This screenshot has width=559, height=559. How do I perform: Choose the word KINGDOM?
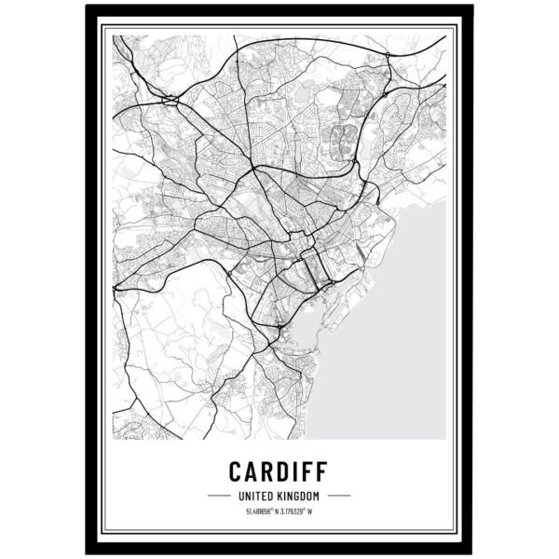point(299,495)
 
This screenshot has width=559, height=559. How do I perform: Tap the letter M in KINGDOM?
point(317,495)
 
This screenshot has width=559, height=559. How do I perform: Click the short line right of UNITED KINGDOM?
point(339,495)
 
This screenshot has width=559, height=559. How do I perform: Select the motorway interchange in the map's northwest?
point(170,97)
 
